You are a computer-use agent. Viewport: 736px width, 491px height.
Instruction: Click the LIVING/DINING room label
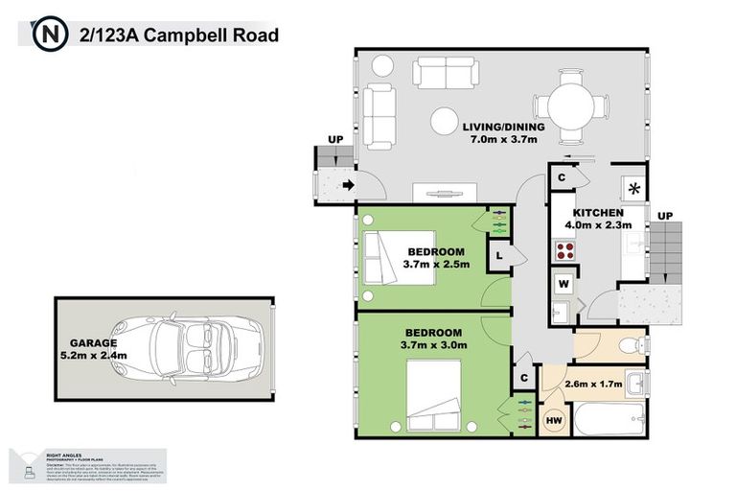pyautogui.click(x=503, y=127)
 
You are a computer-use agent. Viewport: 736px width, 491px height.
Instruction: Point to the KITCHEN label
pyautogui.click(x=598, y=212)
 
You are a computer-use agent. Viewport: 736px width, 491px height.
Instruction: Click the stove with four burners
pyautogui.click(x=564, y=251)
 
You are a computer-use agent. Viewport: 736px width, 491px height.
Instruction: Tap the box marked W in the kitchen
pyautogui.click(x=563, y=283)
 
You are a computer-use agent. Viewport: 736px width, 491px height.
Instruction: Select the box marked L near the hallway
pyautogui.click(x=500, y=255)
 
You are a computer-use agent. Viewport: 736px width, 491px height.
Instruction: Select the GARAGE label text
pyautogui.click(x=92, y=341)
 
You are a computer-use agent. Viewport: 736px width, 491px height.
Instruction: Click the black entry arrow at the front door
pyautogui.click(x=347, y=185)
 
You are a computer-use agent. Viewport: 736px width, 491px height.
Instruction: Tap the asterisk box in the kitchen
pyautogui.click(x=633, y=189)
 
